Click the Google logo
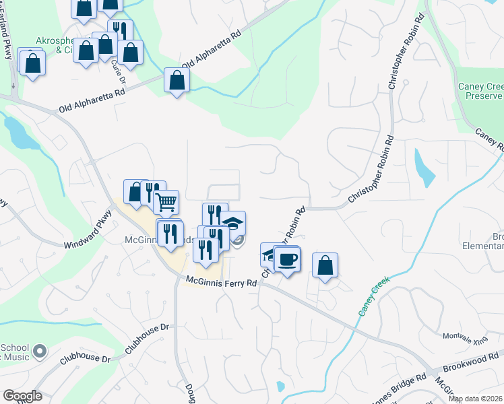22,396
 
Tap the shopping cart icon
166,200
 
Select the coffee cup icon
288,259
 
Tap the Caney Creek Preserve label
480,91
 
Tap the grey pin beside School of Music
39,350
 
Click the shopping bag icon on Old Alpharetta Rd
177,80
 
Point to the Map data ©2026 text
476,399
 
